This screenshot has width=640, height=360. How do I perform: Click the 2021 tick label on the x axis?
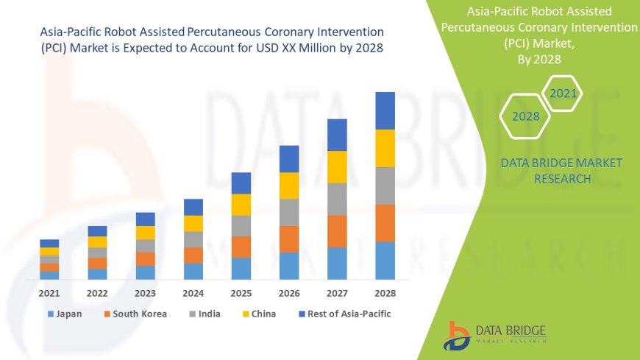pos(49,293)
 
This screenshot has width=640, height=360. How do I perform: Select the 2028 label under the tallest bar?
pos(385,293)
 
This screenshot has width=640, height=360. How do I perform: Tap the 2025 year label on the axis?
pos(241,293)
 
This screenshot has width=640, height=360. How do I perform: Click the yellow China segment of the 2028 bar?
pos(385,148)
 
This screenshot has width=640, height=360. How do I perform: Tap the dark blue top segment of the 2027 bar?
pos(337,135)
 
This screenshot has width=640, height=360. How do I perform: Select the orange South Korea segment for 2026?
pos(289,239)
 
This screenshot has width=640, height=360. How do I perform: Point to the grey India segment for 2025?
pos(241,225)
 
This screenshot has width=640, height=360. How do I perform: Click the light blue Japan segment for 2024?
pos(193,271)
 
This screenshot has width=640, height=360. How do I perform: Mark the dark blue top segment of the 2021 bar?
pos(49,243)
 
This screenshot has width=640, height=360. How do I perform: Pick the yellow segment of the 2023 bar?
pos(146,233)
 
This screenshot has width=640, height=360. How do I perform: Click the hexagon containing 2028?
pos(526,116)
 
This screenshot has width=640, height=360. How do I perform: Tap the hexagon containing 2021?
pos(563,93)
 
